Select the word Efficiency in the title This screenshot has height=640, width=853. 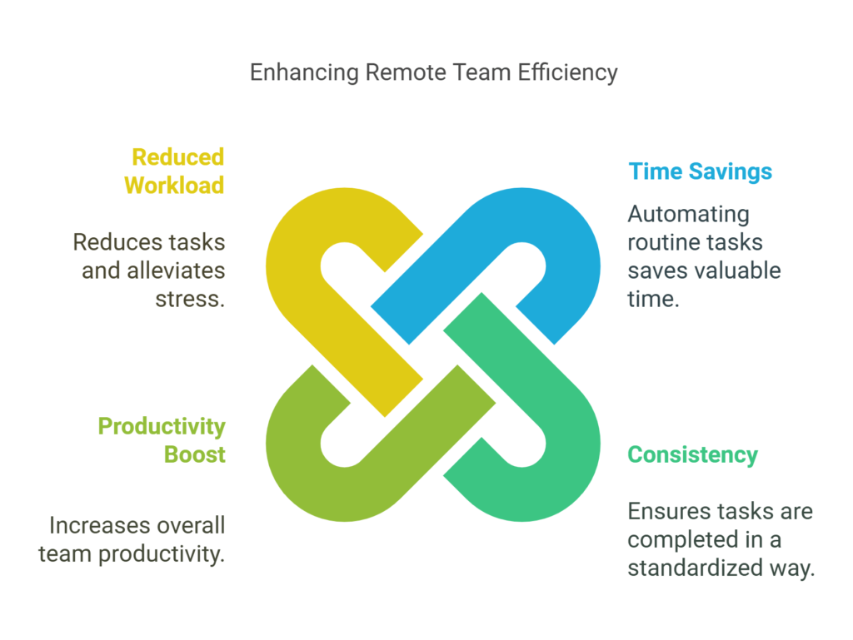point(567,72)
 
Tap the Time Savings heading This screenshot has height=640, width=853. point(700,171)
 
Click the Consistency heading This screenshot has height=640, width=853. point(692,455)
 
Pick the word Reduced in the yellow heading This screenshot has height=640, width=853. point(178,157)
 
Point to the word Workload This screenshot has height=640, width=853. point(174,186)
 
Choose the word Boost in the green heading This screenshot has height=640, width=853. point(195,454)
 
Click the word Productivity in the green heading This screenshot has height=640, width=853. point(162,427)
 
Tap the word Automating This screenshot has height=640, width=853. point(689,215)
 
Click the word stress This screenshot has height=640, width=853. point(190,300)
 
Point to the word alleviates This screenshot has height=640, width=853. point(176,270)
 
